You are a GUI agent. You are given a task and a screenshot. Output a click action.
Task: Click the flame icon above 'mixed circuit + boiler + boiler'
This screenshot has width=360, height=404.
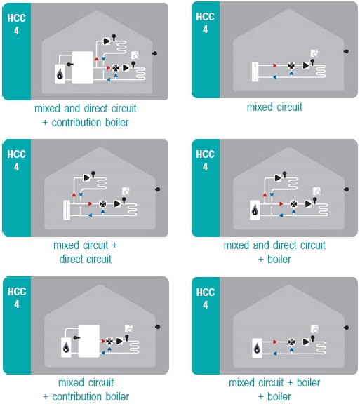pyautogui.click(x=257, y=349)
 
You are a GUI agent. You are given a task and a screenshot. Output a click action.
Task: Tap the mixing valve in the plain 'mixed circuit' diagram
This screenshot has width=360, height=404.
pyautogui.click(x=292, y=66)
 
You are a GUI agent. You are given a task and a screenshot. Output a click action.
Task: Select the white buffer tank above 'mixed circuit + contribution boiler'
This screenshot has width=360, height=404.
pyautogui.click(x=89, y=341)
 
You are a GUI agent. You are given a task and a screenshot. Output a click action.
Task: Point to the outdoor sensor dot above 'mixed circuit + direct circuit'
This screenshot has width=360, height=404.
pyautogui.click(x=158, y=189)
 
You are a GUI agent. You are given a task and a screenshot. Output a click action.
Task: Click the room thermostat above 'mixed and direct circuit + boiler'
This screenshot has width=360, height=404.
pyautogui.click(x=316, y=191)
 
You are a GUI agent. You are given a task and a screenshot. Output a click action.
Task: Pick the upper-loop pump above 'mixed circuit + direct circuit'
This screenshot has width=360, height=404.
pyautogui.click(x=86, y=177)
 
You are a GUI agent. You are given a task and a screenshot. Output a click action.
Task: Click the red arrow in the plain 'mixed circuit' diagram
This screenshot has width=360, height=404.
pyautogui.click(x=275, y=65)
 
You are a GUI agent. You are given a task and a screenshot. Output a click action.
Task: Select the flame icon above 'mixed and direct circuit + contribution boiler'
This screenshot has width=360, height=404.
pyautogui.click(x=60, y=74)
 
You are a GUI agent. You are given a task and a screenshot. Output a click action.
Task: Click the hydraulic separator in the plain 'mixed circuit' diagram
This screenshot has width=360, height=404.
pyautogui.click(x=255, y=72)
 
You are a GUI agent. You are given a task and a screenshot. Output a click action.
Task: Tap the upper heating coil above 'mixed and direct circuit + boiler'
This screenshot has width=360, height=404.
pyautogui.click(x=291, y=184)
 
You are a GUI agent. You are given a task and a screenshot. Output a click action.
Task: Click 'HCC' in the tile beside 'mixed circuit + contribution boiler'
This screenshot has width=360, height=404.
pyautogui.click(x=17, y=292)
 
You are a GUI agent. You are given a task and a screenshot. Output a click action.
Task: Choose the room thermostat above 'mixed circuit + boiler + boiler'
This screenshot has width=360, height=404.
pyautogui.click(x=314, y=329)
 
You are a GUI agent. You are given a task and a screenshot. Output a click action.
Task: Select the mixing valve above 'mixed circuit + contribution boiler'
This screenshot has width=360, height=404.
pyautogui.click(x=109, y=342)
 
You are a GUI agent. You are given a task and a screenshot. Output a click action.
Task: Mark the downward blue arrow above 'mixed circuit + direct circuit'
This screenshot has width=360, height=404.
pyautogui.click(x=81, y=195)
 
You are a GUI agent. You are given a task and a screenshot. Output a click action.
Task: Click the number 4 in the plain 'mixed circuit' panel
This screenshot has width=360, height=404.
pyautogui.click(x=206, y=29)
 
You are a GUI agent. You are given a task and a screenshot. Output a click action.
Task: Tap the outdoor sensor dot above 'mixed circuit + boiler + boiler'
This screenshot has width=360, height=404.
pyautogui.click(x=347, y=328)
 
